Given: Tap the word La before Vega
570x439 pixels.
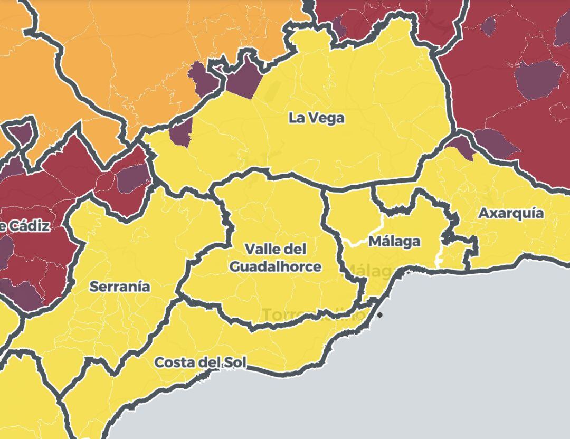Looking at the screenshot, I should (x=296, y=118).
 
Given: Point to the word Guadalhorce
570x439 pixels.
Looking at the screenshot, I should (x=275, y=266).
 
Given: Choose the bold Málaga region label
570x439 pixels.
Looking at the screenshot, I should (x=394, y=242).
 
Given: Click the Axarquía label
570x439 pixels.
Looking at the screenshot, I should (x=510, y=214).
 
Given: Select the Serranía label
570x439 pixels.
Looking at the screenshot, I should (x=120, y=287).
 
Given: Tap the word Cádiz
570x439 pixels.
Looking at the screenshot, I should (x=30, y=226).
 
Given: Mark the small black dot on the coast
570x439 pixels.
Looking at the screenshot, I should (x=379, y=315).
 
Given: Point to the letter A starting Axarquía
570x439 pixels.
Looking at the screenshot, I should (x=483, y=214).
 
